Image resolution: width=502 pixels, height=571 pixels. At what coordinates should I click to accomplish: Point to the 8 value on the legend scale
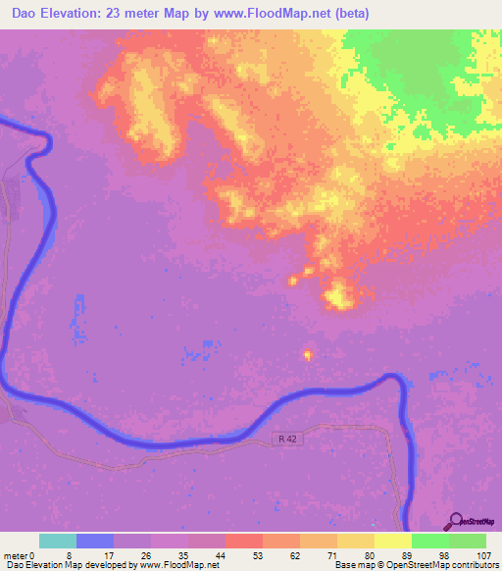click(76, 555)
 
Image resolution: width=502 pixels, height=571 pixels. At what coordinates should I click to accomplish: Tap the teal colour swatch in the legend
click(58, 541)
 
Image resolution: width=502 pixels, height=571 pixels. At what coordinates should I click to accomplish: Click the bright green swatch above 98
click(429, 541)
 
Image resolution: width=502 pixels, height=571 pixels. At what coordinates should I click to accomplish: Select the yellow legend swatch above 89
click(392, 541)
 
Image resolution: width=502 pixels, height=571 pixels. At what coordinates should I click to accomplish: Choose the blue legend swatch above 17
click(95, 541)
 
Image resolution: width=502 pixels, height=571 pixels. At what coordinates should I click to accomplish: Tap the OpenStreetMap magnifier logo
click(456, 521)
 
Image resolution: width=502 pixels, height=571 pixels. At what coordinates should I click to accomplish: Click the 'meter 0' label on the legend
click(20, 555)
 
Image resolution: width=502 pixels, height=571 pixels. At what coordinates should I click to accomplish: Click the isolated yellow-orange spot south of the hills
click(309, 354)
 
